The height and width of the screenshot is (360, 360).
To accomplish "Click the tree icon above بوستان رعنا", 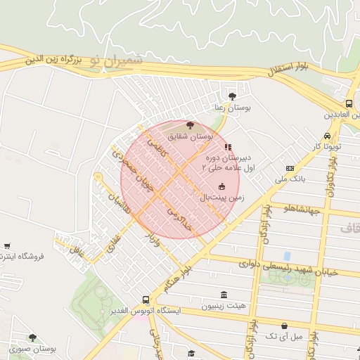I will pos(233,96).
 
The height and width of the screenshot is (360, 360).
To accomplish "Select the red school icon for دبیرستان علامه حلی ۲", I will pos(227,147).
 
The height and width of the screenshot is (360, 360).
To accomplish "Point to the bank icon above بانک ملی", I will pos(290,169).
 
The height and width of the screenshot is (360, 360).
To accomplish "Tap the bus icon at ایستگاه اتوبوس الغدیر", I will pos(146,299).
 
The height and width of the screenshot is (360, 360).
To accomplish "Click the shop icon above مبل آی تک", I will pos(284,326).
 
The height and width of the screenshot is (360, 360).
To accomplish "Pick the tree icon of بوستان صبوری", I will pos(32,338).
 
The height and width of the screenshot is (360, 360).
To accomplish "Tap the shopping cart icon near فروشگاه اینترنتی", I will pos(6,246).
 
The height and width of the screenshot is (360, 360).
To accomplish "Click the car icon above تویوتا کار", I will pos(327,136).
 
